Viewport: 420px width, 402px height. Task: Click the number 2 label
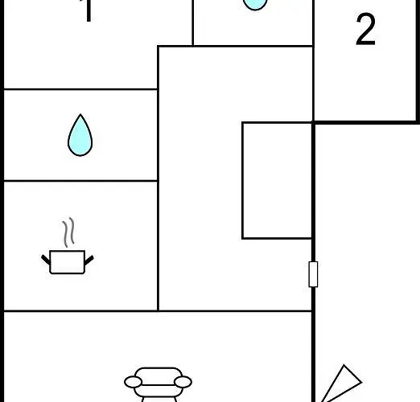(x=365, y=29)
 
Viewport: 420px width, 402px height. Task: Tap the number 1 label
(x=88, y=10)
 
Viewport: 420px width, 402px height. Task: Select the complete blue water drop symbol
(x=80, y=135)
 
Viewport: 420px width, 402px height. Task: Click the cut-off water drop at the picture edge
(x=255, y=5)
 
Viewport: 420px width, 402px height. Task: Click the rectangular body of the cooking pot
(x=68, y=262)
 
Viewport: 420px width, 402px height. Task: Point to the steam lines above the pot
(x=68, y=232)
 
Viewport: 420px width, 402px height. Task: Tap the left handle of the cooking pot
(x=46, y=260)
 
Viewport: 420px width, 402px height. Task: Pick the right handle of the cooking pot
(x=89, y=260)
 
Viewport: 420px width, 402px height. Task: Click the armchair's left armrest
(x=133, y=382)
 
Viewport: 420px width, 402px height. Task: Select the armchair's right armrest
(x=183, y=382)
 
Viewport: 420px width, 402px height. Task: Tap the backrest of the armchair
(x=159, y=375)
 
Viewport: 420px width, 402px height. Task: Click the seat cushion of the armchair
(x=159, y=391)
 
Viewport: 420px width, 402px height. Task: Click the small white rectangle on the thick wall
(x=313, y=274)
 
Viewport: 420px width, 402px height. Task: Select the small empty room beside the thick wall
(x=277, y=180)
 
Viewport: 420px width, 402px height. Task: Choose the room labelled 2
(x=365, y=60)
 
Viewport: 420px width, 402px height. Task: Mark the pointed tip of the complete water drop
(x=80, y=114)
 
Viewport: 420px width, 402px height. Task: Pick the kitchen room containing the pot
(x=80, y=246)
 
